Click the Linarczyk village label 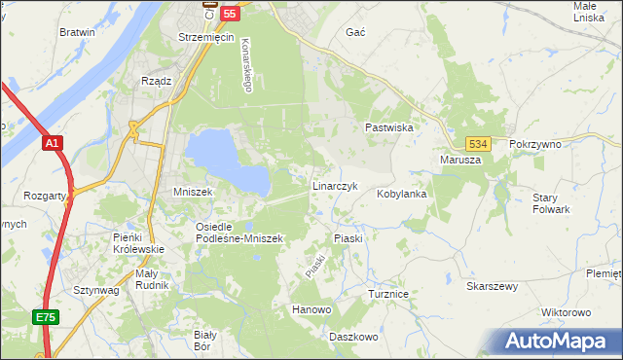pos(335,185)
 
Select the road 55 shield pos(230,13)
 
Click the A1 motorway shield pos(53,143)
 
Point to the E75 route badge pos(45,317)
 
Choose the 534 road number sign pos(476,143)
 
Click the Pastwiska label pos(390,127)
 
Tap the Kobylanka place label pos(402,194)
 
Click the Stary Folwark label pos(551,203)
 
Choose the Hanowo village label pos(312,309)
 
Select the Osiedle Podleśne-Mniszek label pos(238,233)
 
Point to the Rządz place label pos(157,82)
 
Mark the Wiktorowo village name pos(566,313)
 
